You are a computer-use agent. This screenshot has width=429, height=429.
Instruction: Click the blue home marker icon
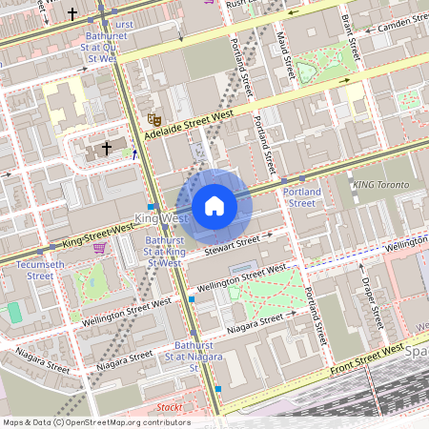pos(214,206)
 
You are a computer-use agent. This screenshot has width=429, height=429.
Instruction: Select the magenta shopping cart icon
pos(99,249)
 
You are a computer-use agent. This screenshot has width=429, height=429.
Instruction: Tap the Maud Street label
pos(283,55)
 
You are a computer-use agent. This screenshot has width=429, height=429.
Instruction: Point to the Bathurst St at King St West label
pos(164,252)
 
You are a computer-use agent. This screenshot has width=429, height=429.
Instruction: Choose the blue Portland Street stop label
pos(302,196)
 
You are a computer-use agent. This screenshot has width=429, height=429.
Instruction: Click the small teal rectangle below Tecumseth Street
pos(14,312)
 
